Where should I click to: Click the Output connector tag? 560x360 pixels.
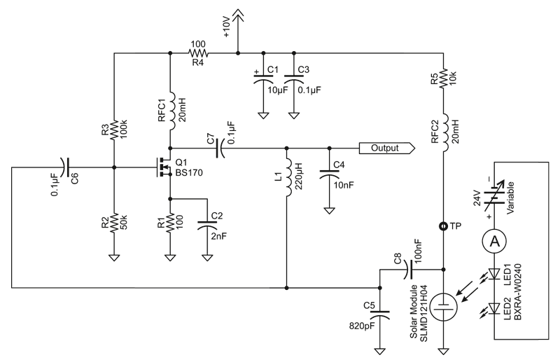[x=387, y=148]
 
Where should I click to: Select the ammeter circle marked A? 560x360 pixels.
[x=495, y=242]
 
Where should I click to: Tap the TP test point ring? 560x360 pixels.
[x=443, y=226]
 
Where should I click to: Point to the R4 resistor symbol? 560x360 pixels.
[x=198, y=53]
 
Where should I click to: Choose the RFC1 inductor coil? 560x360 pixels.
[x=171, y=111]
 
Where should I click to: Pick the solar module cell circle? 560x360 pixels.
[x=443, y=307]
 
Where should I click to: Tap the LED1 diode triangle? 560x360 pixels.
[x=495, y=273]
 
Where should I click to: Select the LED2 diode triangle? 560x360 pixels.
[x=495, y=307]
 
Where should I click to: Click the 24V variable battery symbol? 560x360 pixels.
[x=495, y=195]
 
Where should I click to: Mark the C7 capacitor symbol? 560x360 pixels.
[x=220, y=148]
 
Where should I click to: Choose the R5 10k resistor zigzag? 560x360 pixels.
[x=443, y=78]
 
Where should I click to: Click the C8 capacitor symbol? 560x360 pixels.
[x=409, y=269]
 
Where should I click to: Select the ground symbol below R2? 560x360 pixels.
[x=114, y=258]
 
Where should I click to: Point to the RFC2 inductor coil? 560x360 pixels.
[x=446, y=132]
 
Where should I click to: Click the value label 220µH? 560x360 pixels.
[x=298, y=176]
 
